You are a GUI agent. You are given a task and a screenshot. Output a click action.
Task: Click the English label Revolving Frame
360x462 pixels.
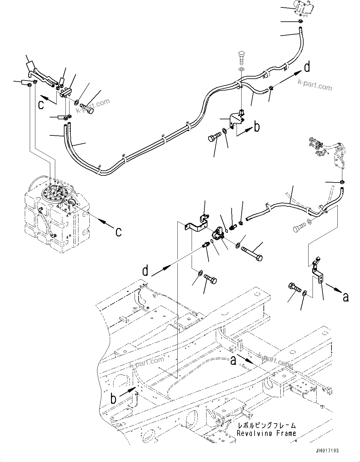tap(266, 433)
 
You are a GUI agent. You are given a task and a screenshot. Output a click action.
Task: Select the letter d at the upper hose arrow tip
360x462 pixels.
tap(307, 67)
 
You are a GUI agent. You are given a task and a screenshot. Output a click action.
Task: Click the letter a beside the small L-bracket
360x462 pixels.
tap(346, 297)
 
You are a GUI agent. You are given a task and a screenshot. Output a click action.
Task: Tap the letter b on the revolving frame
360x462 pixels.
tap(113, 398)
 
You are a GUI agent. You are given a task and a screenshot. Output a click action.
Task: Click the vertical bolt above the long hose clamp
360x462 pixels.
tap(242, 58)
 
